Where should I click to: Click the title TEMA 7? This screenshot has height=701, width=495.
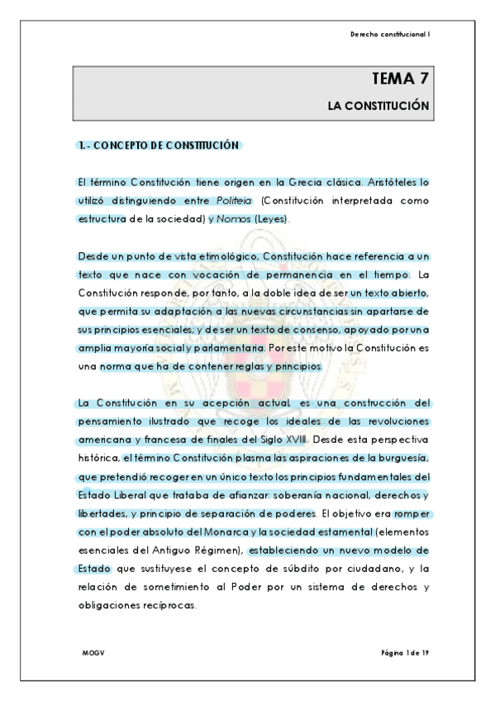[400, 79]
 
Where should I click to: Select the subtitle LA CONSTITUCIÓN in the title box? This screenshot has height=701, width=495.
[378, 107]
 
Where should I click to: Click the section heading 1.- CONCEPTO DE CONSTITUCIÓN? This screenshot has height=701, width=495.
[158, 145]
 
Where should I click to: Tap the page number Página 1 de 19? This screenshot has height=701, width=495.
[405, 653]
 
